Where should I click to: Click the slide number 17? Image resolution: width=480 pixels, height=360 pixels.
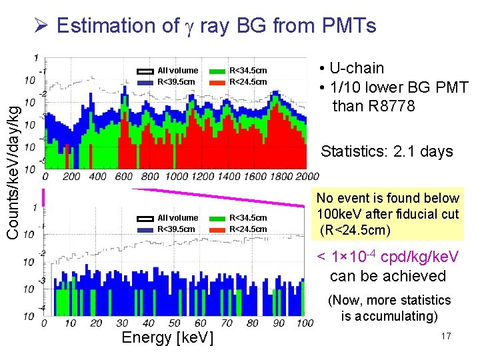[446, 337]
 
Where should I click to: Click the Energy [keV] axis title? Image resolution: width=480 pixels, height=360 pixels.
[167, 337]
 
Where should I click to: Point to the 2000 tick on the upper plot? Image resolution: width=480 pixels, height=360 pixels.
[307, 177]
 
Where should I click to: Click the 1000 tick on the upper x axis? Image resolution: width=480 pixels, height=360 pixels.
[176, 177]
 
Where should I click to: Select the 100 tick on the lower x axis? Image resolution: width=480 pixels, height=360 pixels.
[304, 323]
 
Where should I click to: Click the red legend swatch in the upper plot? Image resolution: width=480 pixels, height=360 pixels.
[217, 82]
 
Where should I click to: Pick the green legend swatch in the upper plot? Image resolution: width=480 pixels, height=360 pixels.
[217, 71]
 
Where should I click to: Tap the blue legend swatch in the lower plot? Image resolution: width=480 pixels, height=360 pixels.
[145, 229]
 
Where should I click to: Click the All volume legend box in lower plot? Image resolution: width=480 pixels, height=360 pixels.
[145, 218]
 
